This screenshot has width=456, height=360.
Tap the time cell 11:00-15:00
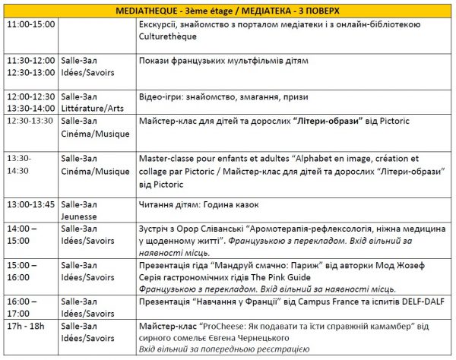[30, 25]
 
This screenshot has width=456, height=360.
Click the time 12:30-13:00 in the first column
[30, 72]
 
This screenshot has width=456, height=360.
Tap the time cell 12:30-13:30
[30, 121]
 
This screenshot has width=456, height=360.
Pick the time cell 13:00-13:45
[30, 205]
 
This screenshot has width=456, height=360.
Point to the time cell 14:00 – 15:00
[25, 234]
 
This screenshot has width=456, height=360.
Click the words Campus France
[329, 302]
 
